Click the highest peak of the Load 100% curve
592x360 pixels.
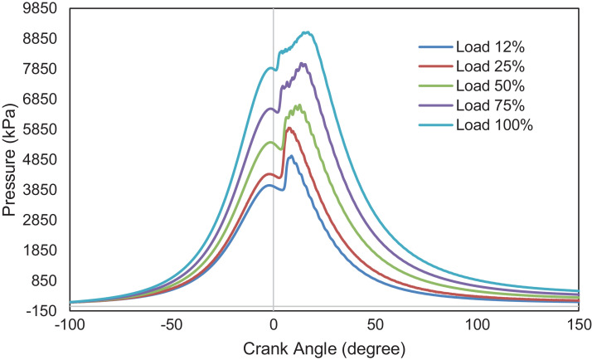point(306,32)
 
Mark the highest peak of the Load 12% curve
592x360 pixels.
point(290,156)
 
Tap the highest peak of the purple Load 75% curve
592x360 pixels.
point(303,63)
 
